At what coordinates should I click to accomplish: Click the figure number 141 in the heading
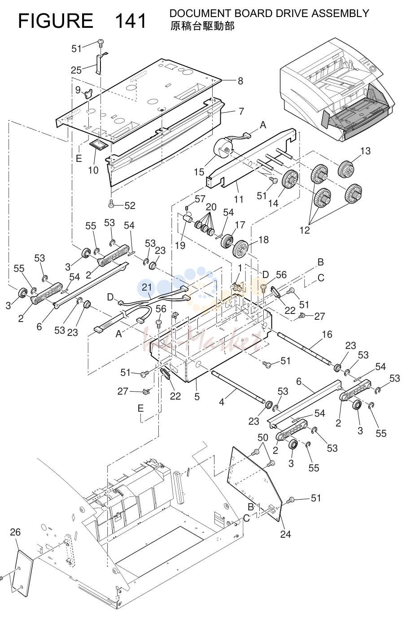coord(131,21)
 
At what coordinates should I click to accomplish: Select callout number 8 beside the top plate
coord(240,81)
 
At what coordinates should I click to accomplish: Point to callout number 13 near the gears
coord(366,151)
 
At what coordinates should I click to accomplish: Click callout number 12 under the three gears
coord(305,230)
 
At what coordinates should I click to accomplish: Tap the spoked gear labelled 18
coord(241,249)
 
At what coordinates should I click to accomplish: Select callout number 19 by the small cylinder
coord(180,245)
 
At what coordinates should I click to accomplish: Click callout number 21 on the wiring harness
coord(147,287)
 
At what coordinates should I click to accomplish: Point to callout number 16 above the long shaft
coord(327,335)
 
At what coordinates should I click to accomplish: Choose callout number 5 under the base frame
coord(197,397)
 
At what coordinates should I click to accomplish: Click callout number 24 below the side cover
coord(286,535)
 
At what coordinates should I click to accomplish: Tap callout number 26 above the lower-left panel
coord(15,532)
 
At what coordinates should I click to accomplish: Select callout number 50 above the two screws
coord(263,437)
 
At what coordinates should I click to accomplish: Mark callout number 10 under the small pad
coord(93,170)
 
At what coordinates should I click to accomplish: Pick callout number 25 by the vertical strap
coord(76,70)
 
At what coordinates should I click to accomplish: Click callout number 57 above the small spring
coord(200,199)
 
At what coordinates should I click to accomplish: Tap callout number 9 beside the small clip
coord(78,90)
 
